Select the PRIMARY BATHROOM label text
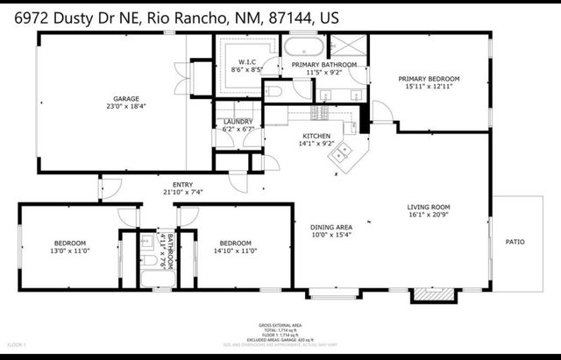click(324, 64)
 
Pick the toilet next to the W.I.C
click(273, 91)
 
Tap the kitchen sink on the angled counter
click(340, 155)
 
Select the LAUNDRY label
click(238, 122)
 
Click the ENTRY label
click(182, 185)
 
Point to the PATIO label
click(515, 242)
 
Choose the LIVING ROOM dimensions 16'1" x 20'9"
click(428, 215)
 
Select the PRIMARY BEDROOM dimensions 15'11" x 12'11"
click(429, 87)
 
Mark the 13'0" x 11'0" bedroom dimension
click(70, 251)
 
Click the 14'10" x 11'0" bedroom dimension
click(235, 251)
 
